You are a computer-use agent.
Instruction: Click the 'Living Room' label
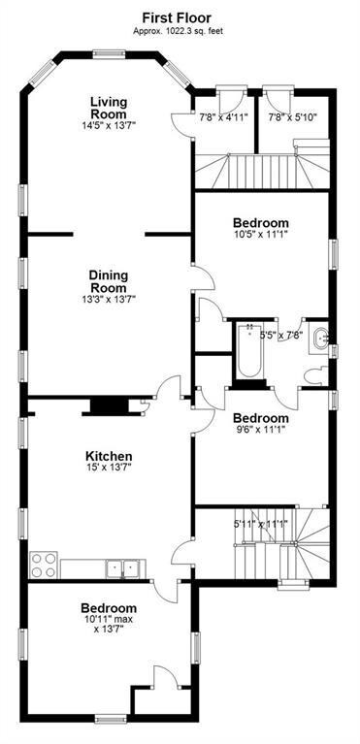110,108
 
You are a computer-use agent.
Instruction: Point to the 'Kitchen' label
109,456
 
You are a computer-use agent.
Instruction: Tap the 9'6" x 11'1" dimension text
260,431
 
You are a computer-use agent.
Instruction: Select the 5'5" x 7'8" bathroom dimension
281,336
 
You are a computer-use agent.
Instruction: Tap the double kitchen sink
126,566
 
